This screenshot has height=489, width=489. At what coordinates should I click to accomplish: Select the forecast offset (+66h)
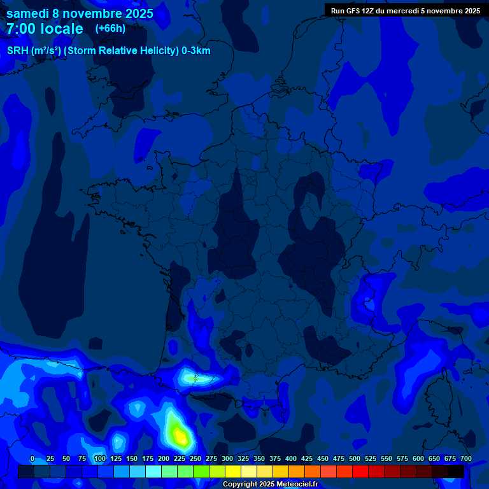[x=110, y=29]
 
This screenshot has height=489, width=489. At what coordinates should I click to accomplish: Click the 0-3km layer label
[x=196, y=51]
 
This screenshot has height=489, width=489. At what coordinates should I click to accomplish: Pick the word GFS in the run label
[x=355, y=11]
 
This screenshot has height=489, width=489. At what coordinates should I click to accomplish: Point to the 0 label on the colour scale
[x=32, y=458]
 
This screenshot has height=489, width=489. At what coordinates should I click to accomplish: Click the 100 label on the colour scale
[x=100, y=458]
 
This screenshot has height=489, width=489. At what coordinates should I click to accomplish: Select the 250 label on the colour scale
[x=195, y=458]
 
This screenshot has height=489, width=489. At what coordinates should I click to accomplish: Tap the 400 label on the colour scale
[x=291, y=458]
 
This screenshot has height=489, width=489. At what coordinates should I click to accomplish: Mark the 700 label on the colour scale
[x=465, y=458]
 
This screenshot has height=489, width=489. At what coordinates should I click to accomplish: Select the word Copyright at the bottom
[x=241, y=484]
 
